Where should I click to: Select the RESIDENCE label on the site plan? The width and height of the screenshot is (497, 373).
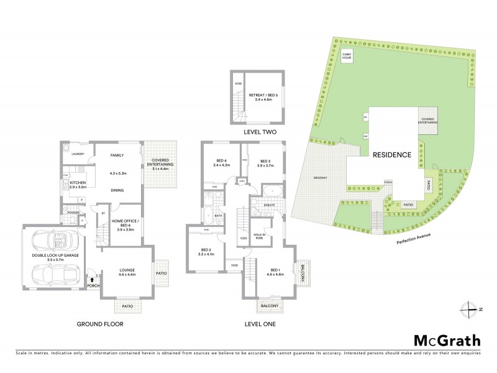[392, 155]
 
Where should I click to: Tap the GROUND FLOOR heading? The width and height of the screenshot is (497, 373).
[99, 324]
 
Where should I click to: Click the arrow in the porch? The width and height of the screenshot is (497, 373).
[93, 280]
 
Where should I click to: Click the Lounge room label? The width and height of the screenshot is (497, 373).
[127, 271]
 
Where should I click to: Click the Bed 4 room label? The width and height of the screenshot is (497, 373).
[221, 162]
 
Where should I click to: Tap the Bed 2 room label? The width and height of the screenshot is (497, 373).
[204, 251]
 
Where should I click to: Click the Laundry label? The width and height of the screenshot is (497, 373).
[78, 154]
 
